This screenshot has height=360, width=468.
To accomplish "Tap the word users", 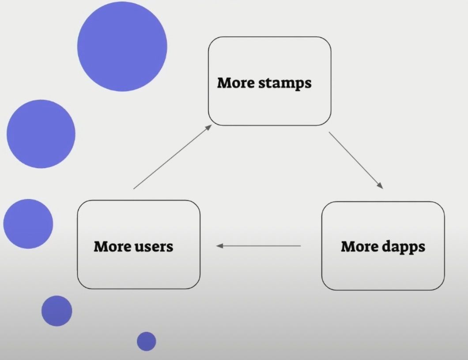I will [x=154, y=246].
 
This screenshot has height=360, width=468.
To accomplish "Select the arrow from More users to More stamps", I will [x=172, y=157].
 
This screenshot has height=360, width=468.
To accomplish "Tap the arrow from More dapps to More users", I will [x=259, y=246].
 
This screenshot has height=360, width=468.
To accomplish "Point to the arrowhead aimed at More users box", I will [x=219, y=246].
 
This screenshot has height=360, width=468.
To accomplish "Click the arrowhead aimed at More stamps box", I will [x=208, y=127].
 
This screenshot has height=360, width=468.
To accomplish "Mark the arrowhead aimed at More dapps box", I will [x=380, y=186].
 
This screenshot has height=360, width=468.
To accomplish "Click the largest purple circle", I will [x=122, y=46].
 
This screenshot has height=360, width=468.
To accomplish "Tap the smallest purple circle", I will [x=146, y=341].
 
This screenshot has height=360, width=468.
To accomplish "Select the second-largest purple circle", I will [x=41, y=134].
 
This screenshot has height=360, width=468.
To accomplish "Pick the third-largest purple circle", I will [x=28, y=224].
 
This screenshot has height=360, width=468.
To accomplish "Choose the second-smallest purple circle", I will [x=57, y=311].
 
